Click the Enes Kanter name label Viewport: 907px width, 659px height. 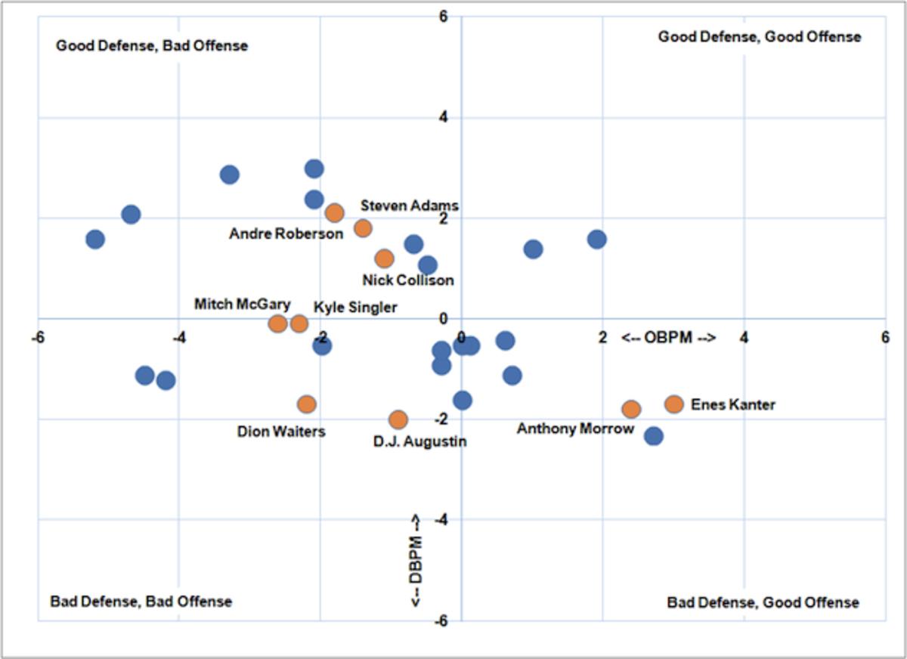(x=732, y=405)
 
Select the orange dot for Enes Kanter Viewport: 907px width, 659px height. (x=674, y=404)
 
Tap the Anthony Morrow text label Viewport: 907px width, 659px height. (x=575, y=429)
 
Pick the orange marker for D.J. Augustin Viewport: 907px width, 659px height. (x=398, y=419)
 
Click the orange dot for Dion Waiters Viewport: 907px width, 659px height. (x=306, y=404)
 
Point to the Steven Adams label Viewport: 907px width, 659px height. (x=409, y=206)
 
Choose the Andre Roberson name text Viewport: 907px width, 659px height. (x=286, y=234)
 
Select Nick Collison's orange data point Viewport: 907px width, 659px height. (x=385, y=258)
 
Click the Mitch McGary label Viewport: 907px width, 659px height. (x=242, y=305)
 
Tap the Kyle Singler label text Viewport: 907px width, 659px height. (x=355, y=307)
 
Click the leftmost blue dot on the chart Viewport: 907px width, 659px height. (x=95, y=240)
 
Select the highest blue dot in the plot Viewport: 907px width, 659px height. (x=314, y=169)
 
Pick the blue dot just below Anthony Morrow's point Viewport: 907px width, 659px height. (x=654, y=435)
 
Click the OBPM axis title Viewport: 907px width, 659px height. (x=668, y=336)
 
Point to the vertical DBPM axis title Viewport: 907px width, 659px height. (x=416, y=560)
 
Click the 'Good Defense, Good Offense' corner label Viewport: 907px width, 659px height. (x=759, y=36)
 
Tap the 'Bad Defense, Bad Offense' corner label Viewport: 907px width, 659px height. (x=141, y=602)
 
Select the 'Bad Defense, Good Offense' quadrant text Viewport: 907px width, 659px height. (x=763, y=602)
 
